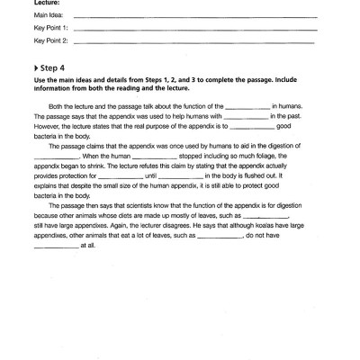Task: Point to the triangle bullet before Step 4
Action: pos(36,67)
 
